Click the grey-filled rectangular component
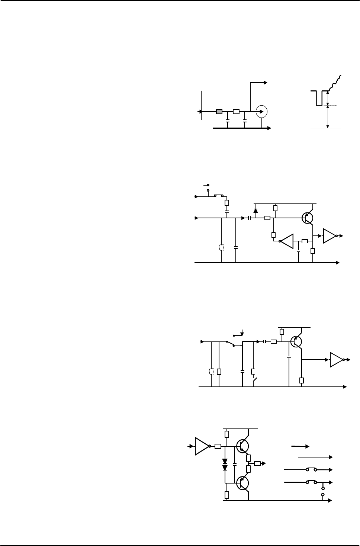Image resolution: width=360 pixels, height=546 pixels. point(219,111)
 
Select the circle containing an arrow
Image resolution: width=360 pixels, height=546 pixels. point(262,111)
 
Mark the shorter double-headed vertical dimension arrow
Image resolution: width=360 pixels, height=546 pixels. point(327,99)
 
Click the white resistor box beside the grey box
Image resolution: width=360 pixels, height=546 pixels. point(236,111)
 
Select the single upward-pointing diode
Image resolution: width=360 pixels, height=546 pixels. point(255,211)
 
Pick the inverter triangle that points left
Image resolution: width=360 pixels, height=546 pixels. point(287,241)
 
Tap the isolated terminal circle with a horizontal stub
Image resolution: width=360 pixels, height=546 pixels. point(206,185)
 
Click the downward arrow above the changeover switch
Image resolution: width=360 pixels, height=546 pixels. point(242,331)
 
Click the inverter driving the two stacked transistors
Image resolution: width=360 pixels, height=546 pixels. point(202,446)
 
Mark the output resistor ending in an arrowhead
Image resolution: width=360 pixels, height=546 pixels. point(257,463)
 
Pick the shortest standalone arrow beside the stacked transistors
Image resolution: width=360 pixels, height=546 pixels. point(300,445)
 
